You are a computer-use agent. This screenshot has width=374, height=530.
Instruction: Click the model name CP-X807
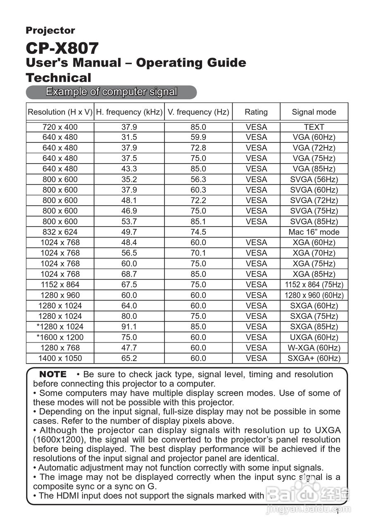62,48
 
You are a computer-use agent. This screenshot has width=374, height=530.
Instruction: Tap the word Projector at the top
50,31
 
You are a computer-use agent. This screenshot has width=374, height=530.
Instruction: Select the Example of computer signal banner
111,92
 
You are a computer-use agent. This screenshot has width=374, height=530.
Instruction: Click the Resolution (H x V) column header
60,112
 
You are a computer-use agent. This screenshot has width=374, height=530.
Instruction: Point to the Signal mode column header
314,112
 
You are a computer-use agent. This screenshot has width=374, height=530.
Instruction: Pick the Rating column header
256,112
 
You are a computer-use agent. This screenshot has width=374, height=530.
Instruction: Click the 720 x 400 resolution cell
60,127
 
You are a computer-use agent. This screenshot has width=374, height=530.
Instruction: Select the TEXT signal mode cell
314,127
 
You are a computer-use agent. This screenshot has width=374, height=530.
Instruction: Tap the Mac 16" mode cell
314,232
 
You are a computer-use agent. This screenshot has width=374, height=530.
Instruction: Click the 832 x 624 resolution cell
60,232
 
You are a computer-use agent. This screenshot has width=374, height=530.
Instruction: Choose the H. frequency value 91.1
129,327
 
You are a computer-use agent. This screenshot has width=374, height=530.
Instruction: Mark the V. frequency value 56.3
198,180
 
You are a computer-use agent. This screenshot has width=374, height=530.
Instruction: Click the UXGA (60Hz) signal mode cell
314,337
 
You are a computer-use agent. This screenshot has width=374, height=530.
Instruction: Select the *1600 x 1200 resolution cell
60,337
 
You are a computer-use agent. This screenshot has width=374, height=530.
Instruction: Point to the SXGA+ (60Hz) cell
314,359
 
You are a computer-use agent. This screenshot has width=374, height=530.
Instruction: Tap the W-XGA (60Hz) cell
314,348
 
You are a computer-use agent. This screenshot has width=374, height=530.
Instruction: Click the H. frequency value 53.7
129,222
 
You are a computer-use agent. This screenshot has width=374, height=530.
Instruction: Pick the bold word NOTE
52,374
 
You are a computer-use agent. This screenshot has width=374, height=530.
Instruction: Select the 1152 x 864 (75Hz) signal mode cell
314,285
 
